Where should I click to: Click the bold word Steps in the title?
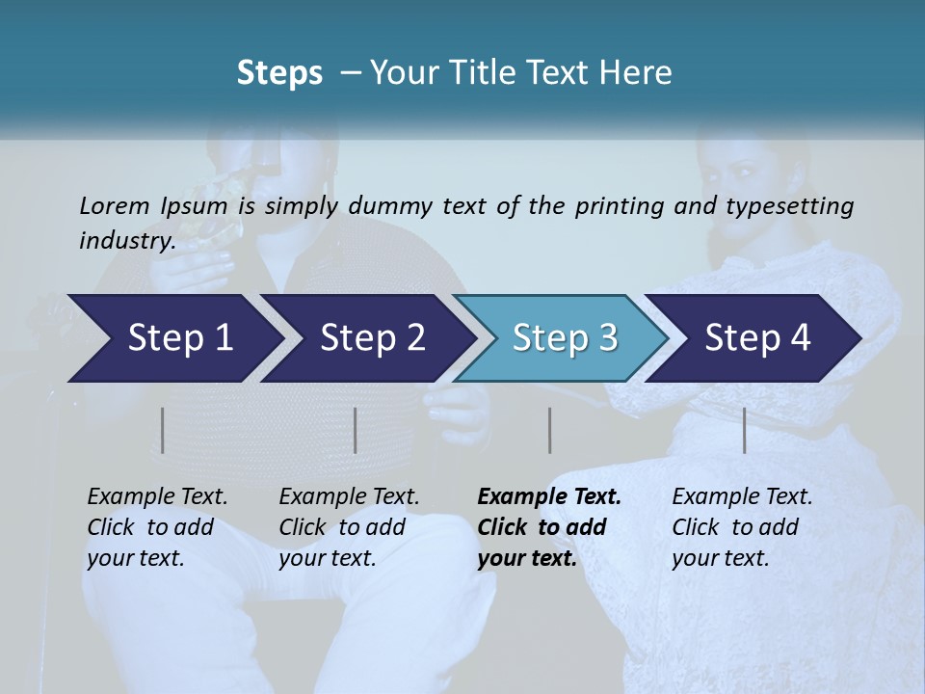tap(279, 72)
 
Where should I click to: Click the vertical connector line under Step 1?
tap(163, 430)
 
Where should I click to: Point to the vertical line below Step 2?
tap(356, 430)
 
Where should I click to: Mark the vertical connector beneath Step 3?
tap(549, 430)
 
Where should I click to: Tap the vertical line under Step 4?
tap(745, 430)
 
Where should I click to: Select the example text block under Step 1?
tap(157, 527)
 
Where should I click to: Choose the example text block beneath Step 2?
tap(349, 527)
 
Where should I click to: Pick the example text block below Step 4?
tap(742, 527)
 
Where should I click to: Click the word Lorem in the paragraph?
tap(115, 205)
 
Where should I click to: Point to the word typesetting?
tap(797, 205)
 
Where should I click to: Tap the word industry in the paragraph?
tap(126, 240)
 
